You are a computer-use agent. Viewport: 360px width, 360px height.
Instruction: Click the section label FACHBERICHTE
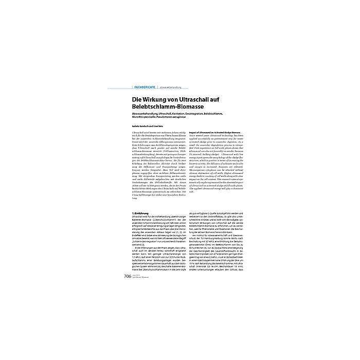tap(145, 88)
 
